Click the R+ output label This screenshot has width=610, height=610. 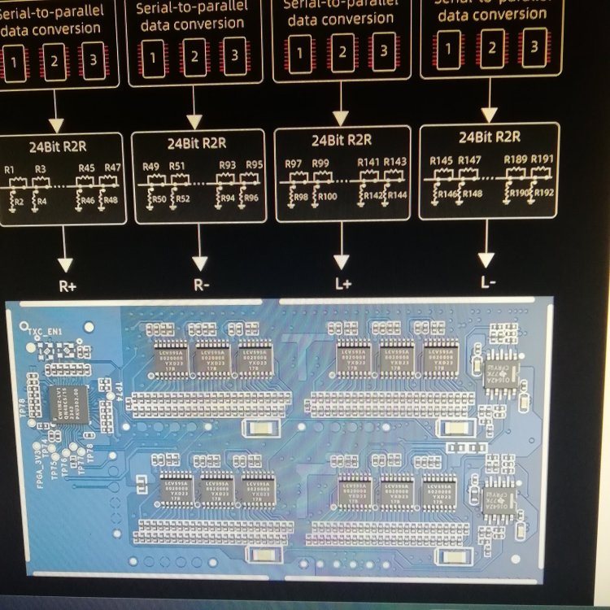click(x=67, y=286)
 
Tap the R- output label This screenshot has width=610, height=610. click(x=200, y=286)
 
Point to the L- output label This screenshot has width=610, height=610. click(x=487, y=282)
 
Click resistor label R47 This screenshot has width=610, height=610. click(x=112, y=168)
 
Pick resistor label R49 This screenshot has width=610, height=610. click(x=150, y=167)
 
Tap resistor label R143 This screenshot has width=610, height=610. click(x=395, y=162)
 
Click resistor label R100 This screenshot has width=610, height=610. click(x=328, y=197)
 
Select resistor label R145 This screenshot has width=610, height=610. click(x=441, y=160)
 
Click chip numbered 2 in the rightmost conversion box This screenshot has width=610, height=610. click(x=491, y=47)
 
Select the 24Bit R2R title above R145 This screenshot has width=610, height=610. click(x=490, y=137)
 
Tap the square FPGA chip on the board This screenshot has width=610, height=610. click(x=68, y=404)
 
